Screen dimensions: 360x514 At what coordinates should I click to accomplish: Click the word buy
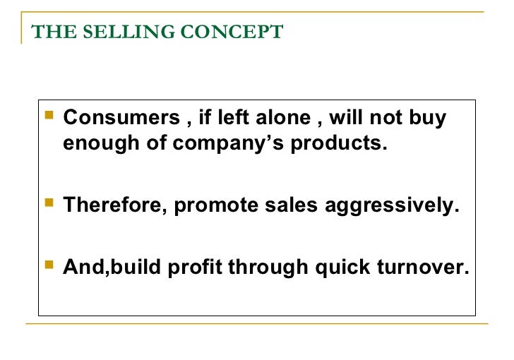click(428, 118)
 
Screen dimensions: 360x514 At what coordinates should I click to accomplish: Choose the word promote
click(213, 206)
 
